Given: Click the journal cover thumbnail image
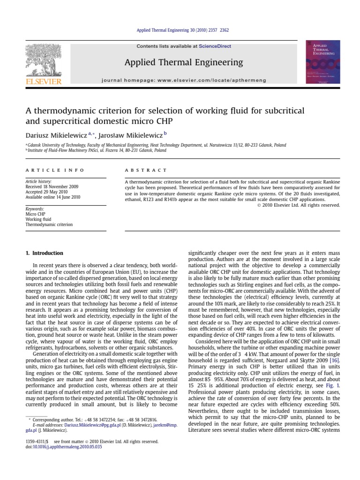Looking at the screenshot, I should point(323,62).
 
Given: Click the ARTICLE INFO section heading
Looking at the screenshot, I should point(55,170).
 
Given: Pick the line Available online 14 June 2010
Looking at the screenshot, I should point(53,197).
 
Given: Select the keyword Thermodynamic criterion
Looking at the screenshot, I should point(49,225).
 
